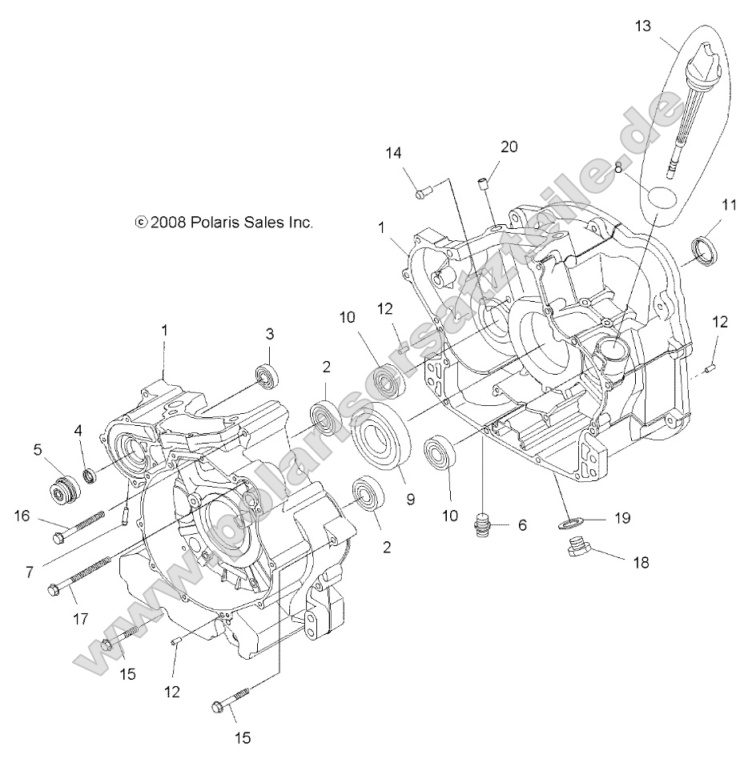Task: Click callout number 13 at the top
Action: [644, 26]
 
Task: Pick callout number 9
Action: [409, 498]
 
